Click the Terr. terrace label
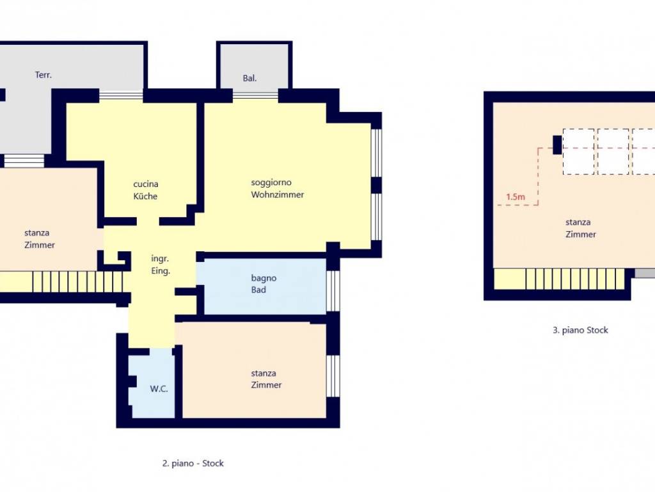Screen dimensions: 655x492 tap(43, 75)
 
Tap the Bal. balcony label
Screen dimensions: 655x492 tap(249, 78)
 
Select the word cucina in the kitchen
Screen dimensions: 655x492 tap(146, 184)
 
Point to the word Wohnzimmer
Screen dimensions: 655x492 tap(278, 195)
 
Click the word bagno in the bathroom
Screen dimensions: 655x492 tap(264, 278)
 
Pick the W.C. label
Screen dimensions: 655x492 tap(159, 389)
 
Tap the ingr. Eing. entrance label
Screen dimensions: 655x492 tap(161, 265)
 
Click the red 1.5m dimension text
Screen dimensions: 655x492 tap(516, 197)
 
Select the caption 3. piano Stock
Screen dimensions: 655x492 tap(580, 330)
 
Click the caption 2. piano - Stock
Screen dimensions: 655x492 tap(193, 463)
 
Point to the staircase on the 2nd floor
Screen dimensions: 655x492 tap(77, 282)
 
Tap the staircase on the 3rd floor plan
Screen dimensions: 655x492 tap(575, 279)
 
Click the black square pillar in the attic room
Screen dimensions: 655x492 tap(557, 145)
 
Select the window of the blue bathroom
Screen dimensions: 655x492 tap(333, 291)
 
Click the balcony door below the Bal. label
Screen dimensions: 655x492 tap(255, 96)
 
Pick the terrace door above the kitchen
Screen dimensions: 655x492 tap(121, 95)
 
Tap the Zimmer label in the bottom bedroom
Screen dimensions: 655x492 tap(266, 385)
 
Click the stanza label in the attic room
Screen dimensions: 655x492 tap(578, 222)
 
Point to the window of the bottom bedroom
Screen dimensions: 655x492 tap(333, 375)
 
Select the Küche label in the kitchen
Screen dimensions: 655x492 tap(145, 196)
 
